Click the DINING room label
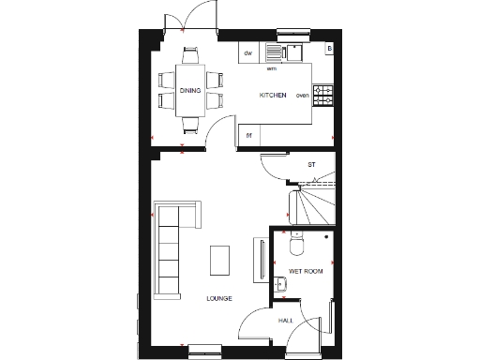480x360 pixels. pyautogui.click(x=189, y=90)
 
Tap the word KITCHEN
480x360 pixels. pyautogui.click(x=272, y=96)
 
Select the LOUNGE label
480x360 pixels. pyautogui.click(x=219, y=298)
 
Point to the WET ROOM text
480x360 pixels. pyautogui.click(x=306, y=271)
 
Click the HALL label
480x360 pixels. pyautogui.click(x=285, y=321)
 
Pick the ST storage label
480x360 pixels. pyautogui.click(x=311, y=165)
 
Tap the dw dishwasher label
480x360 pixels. pyautogui.click(x=248, y=53)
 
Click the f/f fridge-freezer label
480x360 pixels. pyautogui.click(x=249, y=135)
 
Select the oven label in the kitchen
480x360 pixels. pyautogui.click(x=302, y=96)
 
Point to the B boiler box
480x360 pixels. pyautogui.click(x=329, y=49)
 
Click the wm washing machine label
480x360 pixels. pyautogui.click(x=272, y=68)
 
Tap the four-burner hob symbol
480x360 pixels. pyautogui.click(x=323, y=94)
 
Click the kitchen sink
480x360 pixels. pyautogui.click(x=276, y=52)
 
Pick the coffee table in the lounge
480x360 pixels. pyautogui.click(x=220, y=259)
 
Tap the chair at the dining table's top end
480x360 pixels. pyautogui.click(x=190, y=53)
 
